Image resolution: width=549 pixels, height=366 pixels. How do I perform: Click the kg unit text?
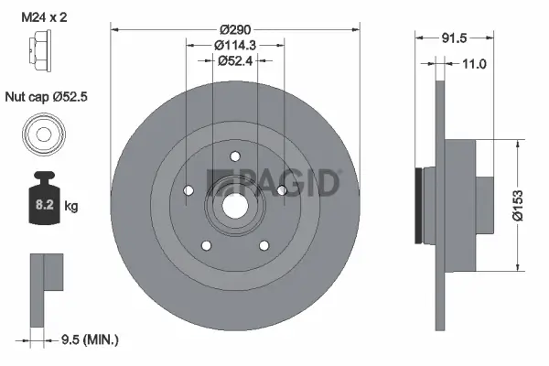tap(71, 207)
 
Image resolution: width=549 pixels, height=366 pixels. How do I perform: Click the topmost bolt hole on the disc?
tap(234, 155)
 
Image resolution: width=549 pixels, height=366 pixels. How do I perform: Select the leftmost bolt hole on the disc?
tap(188, 190)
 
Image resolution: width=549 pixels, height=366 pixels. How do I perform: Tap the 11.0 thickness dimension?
tap(473, 63)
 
